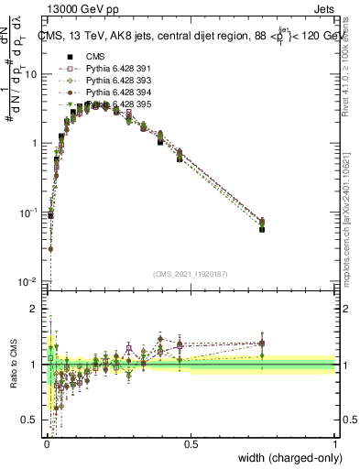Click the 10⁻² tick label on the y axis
pyautogui.click(x=27, y=281)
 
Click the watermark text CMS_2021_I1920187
pyautogui.click(x=190, y=273)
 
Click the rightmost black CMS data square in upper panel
pyautogui.click(x=262, y=229)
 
